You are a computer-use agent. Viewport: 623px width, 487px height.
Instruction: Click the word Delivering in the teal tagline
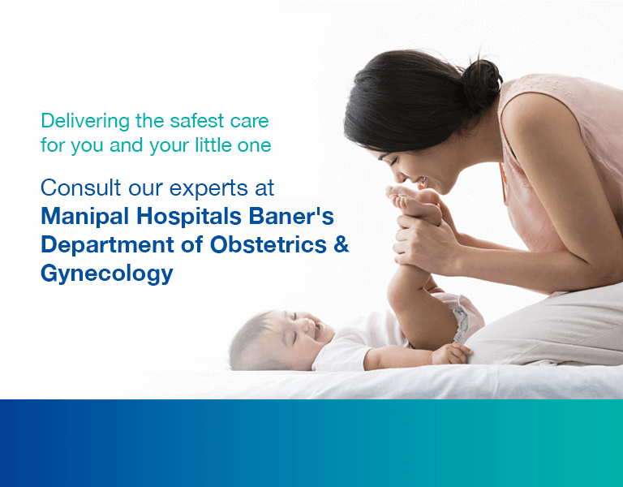point(85,121)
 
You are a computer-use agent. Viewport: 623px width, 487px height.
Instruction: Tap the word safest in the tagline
point(197,121)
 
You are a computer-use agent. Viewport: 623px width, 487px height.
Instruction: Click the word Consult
point(80,187)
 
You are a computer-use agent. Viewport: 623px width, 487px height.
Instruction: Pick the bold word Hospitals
point(189,216)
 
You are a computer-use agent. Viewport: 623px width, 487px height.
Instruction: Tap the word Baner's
point(291,216)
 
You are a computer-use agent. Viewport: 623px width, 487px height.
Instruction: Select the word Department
point(107,245)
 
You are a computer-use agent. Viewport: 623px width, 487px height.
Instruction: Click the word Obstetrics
point(269,244)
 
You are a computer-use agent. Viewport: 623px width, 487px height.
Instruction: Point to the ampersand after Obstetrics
point(342,244)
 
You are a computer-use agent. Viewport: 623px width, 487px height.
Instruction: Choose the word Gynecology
point(107,274)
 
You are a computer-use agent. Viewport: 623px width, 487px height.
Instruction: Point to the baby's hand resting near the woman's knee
point(452,353)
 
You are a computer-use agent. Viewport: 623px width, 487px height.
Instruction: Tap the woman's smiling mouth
point(421,182)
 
